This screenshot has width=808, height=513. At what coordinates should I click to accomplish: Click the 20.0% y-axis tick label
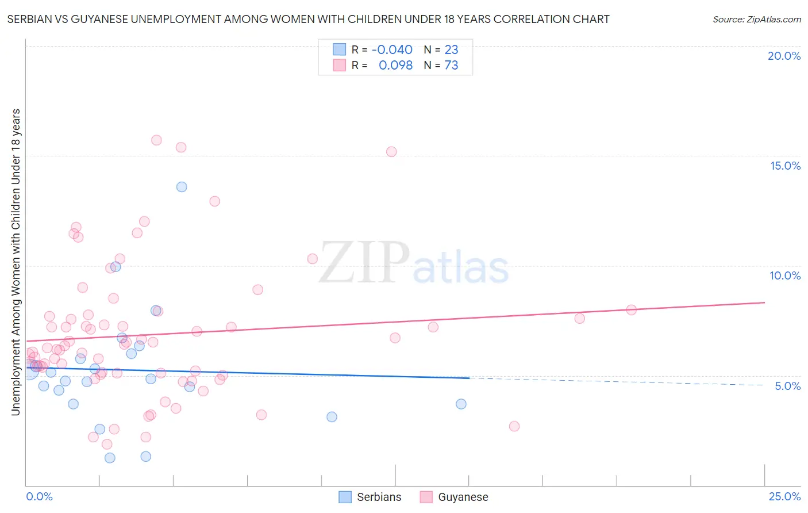784,56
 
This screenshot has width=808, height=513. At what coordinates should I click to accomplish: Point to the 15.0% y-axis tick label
785,166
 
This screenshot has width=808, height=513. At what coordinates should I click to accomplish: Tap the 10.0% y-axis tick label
785,275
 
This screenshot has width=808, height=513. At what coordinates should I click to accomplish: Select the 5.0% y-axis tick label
787,386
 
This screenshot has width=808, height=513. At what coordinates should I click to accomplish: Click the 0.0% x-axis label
39,496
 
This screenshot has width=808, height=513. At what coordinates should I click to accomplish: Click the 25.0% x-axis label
784,496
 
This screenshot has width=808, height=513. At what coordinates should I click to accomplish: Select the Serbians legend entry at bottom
370,497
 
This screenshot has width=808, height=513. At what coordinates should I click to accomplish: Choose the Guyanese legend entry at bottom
454,497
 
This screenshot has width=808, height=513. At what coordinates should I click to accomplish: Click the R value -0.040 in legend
392,50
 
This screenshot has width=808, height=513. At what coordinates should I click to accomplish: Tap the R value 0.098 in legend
395,66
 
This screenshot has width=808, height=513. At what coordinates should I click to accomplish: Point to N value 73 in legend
451,66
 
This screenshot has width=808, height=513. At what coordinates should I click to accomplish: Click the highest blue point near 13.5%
182,187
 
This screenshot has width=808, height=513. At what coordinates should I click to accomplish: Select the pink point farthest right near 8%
631,310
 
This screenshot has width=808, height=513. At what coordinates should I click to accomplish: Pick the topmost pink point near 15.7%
156,140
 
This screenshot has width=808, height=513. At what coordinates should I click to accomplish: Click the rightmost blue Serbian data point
461,404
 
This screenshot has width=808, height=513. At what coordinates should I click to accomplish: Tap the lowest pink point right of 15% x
514,426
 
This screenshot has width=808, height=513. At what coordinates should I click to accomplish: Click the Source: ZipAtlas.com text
756,20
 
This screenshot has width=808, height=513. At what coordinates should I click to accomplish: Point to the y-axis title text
16,262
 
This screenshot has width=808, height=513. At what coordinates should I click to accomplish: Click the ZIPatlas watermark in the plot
414,263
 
